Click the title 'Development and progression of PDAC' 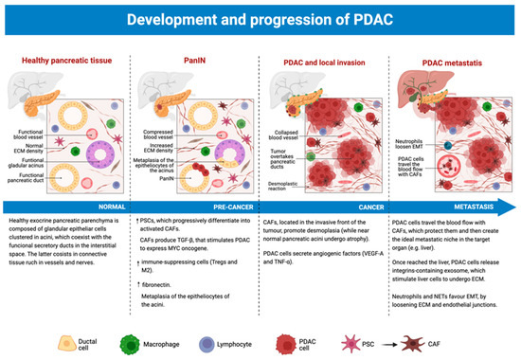pos(260,19)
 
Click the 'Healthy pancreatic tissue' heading pos(63,62)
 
